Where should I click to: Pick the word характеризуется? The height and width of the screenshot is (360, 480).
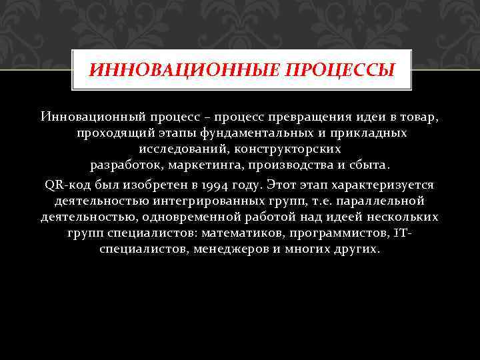pyautogui.click(x=386, y=185)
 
